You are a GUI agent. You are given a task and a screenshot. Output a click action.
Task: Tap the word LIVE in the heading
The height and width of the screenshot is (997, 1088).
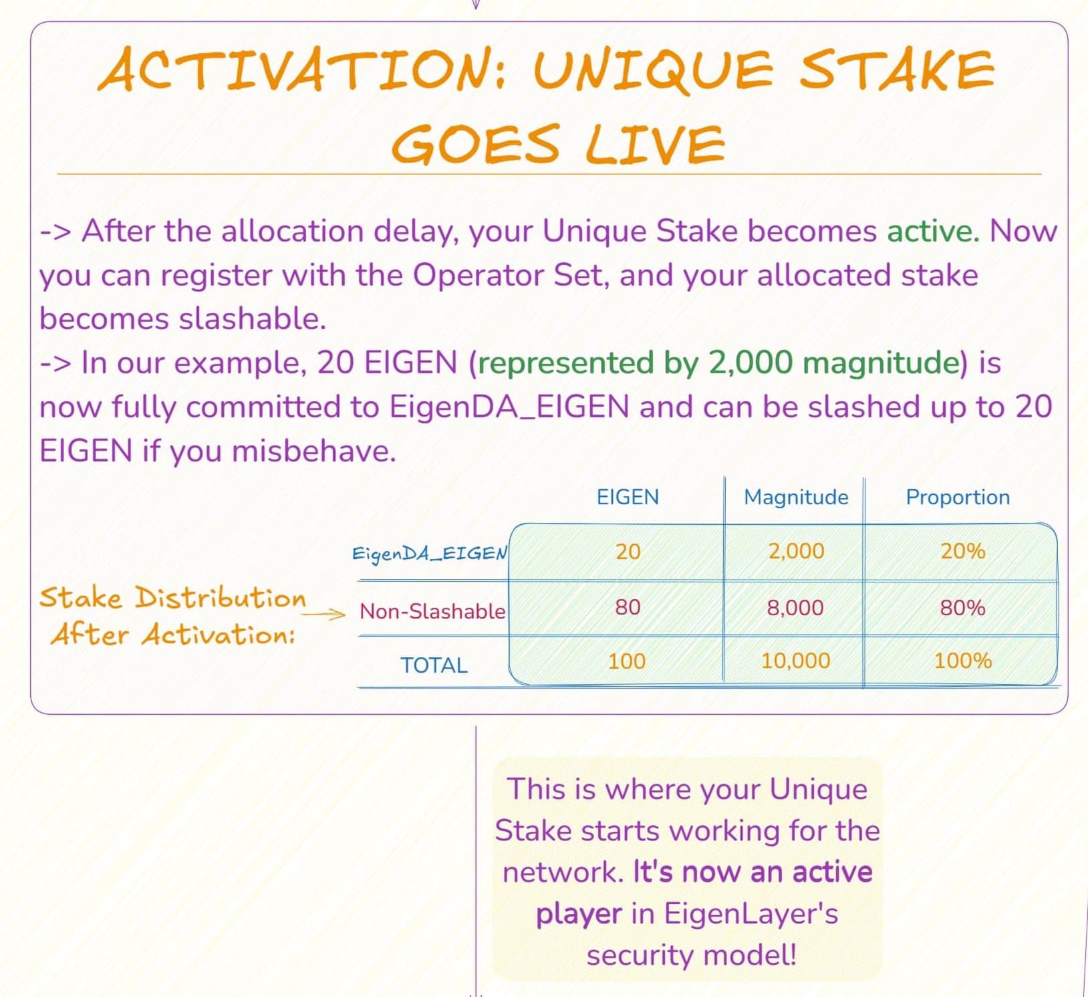(x=655, y=143)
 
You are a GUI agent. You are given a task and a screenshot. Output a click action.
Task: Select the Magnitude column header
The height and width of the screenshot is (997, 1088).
(x=796, y=497)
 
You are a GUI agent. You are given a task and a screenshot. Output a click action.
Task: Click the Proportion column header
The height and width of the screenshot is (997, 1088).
(x=958, y=497)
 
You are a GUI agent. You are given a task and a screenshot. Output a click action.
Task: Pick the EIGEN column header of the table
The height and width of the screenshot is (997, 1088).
(x=628, y=497)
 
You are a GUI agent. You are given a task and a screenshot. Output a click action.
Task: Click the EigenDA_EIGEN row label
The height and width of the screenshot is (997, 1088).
(x=430, y=554)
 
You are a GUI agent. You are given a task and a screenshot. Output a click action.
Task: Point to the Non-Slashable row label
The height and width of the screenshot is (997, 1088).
(x=432, y=611)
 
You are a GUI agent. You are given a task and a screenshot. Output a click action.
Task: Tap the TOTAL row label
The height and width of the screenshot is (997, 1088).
(x=434, y=665)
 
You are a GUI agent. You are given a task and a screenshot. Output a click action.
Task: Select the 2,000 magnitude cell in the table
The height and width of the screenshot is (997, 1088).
(x=796, y=551)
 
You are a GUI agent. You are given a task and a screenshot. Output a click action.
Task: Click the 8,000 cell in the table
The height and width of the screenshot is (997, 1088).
(x=795, y=607)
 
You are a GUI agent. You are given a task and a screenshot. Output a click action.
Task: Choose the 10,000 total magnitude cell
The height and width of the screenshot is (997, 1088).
(x=795, y=661)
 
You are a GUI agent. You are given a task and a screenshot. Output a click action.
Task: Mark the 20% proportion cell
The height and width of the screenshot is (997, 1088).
(x=962, y=551)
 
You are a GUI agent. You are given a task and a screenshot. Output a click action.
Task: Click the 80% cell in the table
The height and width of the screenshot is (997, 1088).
(x=962, y=607)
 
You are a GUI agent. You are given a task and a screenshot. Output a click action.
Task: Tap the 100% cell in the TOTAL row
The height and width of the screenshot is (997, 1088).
(x=962, y=661)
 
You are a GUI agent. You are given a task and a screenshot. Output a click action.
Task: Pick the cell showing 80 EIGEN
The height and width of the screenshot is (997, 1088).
(x=628, y=607)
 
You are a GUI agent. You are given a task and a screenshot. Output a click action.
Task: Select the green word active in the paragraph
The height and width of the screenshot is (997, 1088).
(x=933, y=231)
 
